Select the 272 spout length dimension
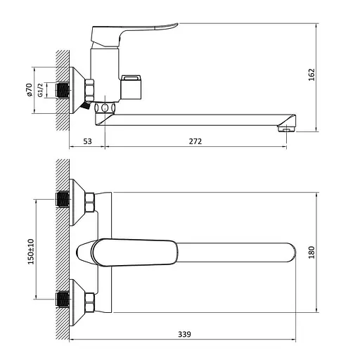tap(195, 141)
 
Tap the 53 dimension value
tap(87, 141)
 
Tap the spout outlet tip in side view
tap(286, 127)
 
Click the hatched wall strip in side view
tap(61, 88)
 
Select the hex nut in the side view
tap(89, 89)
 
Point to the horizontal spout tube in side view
tap(197, 117)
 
